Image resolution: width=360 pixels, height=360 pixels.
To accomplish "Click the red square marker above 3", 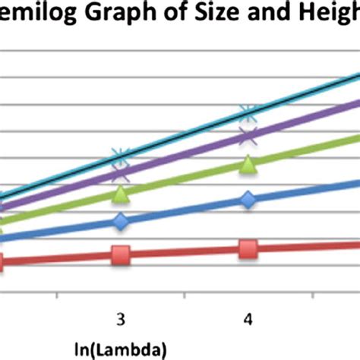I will click(120, 256).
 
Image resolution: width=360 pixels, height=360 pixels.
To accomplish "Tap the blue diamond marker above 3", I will click(120, 222).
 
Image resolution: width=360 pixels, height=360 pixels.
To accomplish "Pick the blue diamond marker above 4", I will click(248, 200).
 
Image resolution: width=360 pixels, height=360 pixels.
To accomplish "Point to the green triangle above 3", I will click(120, 194).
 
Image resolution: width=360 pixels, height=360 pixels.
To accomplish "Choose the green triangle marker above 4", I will click(248, 165).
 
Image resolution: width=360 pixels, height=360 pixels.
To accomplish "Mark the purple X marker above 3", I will click(120, 175).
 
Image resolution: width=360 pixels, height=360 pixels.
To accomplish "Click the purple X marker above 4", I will click(248, 136).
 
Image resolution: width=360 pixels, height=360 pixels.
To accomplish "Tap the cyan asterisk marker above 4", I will click(248, 115).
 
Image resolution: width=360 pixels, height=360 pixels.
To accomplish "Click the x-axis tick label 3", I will click(120, 315).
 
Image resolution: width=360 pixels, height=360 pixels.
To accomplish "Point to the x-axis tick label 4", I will click(248, 315).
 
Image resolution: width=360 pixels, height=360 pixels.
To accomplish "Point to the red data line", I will click(182, 252).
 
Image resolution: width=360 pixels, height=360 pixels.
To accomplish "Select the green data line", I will click(182, 179).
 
